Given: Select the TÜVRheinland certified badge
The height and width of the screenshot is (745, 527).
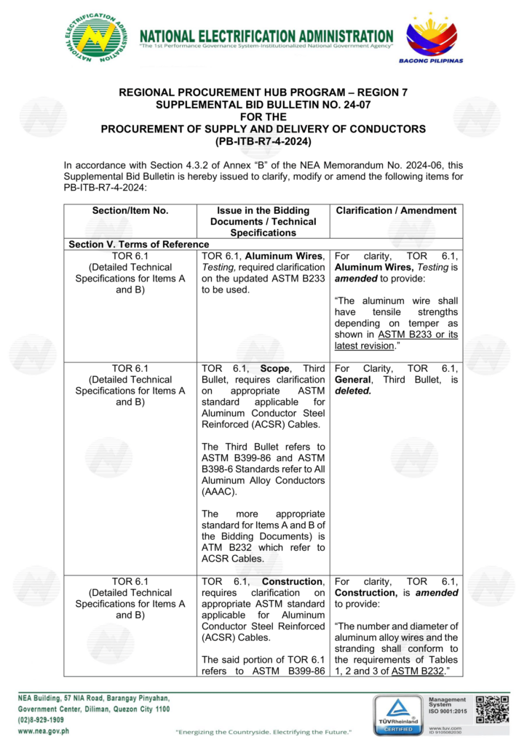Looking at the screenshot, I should (397, 714).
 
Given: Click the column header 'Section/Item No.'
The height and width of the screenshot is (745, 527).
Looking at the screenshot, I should (131, 211).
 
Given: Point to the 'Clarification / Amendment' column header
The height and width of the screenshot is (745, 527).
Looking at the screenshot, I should (396, 211).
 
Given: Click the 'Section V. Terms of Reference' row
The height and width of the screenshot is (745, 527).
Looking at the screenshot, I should (139, 244).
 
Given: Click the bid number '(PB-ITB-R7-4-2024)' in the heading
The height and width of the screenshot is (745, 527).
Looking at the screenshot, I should (263, 140).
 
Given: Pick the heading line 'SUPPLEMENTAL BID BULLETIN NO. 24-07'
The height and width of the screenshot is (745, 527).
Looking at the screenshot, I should (263, 105).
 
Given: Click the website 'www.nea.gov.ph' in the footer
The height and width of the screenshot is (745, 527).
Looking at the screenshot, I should (44, 730).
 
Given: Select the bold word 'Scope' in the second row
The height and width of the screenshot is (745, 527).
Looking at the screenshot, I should (275, 369).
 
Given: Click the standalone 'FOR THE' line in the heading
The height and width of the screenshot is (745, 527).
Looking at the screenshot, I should (263, 116).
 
